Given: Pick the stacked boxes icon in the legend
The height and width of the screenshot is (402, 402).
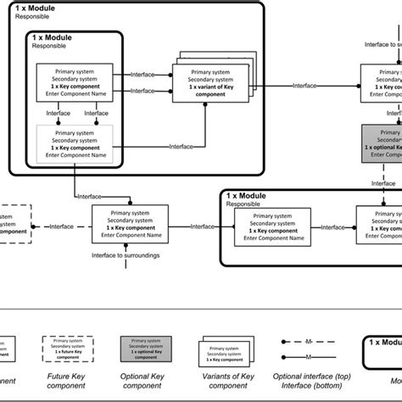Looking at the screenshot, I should tap(224, 349).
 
